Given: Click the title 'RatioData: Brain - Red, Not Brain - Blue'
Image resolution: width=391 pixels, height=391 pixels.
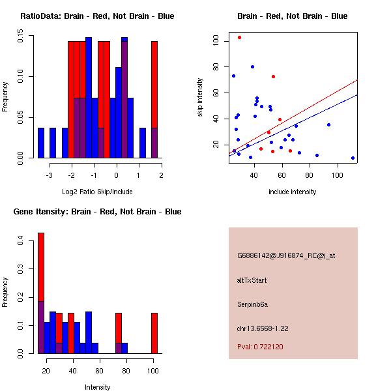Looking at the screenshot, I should (x=97, y=16).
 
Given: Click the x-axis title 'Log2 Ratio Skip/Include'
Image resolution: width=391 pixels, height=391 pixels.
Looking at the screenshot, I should (x=97, y=192).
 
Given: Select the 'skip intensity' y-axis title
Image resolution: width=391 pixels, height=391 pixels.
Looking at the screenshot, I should (x=200, y=98).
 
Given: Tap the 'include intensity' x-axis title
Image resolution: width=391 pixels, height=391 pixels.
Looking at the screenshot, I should (x=293, y=192).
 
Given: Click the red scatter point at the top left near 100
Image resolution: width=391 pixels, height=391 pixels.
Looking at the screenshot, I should (x=239, y=38).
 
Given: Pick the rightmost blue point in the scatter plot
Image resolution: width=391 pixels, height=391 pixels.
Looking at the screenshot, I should (x=353, y=158).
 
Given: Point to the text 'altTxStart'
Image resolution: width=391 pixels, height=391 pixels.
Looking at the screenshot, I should (x=252, y=280).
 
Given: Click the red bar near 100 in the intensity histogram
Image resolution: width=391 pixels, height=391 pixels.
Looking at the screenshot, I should (x=154, y=333).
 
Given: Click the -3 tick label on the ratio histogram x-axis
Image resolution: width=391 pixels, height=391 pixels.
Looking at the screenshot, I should (x=49, y=175).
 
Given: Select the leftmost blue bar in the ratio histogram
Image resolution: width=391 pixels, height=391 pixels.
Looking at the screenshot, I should (x=41, y=143).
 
